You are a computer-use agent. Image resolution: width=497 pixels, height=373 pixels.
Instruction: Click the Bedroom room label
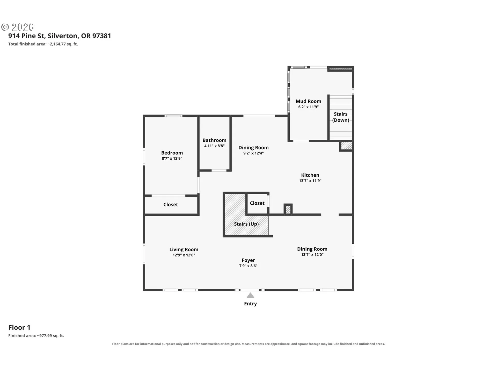[x=172, y=153]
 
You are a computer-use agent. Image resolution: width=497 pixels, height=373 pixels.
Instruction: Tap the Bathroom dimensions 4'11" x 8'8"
[x=214, y=146]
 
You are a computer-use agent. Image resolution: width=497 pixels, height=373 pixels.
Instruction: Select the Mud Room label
[x=308, y=101]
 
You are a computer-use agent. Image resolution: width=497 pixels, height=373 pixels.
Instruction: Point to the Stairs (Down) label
[x=341, y=117]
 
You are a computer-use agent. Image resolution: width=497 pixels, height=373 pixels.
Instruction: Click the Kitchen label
[x=310, y=175]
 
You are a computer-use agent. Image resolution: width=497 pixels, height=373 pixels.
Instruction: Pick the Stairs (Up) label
[x=246, y=224]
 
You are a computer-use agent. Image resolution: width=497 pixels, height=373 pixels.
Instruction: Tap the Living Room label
[x=184, y=249]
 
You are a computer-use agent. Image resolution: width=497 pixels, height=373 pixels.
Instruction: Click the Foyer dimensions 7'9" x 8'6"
[x=248, y=266]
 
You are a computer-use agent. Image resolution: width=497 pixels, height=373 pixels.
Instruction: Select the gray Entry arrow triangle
[x=250, y=295]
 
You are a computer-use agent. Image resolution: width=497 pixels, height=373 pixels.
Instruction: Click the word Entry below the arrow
[x=250, y=304]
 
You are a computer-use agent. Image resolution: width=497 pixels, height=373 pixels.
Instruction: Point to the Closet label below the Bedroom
[x=171, y=205]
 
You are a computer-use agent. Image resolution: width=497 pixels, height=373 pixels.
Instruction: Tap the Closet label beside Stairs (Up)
[x=257, y=203]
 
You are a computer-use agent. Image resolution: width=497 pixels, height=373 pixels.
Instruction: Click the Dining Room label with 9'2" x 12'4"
[x=253, y=148]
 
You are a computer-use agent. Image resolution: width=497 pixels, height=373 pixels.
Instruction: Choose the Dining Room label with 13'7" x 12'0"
[x=312, y=249]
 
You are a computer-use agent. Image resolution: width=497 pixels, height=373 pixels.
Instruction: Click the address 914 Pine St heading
[x=60, y=36]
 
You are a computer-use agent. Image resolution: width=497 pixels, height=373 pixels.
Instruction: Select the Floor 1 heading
[x=19, y=327]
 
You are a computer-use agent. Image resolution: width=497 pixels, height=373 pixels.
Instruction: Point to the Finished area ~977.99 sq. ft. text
[x=36, y=336]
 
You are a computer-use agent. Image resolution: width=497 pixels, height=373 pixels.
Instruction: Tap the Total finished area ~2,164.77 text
[x=43, y=44]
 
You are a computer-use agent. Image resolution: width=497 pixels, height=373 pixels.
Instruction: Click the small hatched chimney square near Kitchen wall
[x=288, y=209]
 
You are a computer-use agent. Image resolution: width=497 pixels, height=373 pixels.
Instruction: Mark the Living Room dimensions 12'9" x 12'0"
[x=184, y=255]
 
